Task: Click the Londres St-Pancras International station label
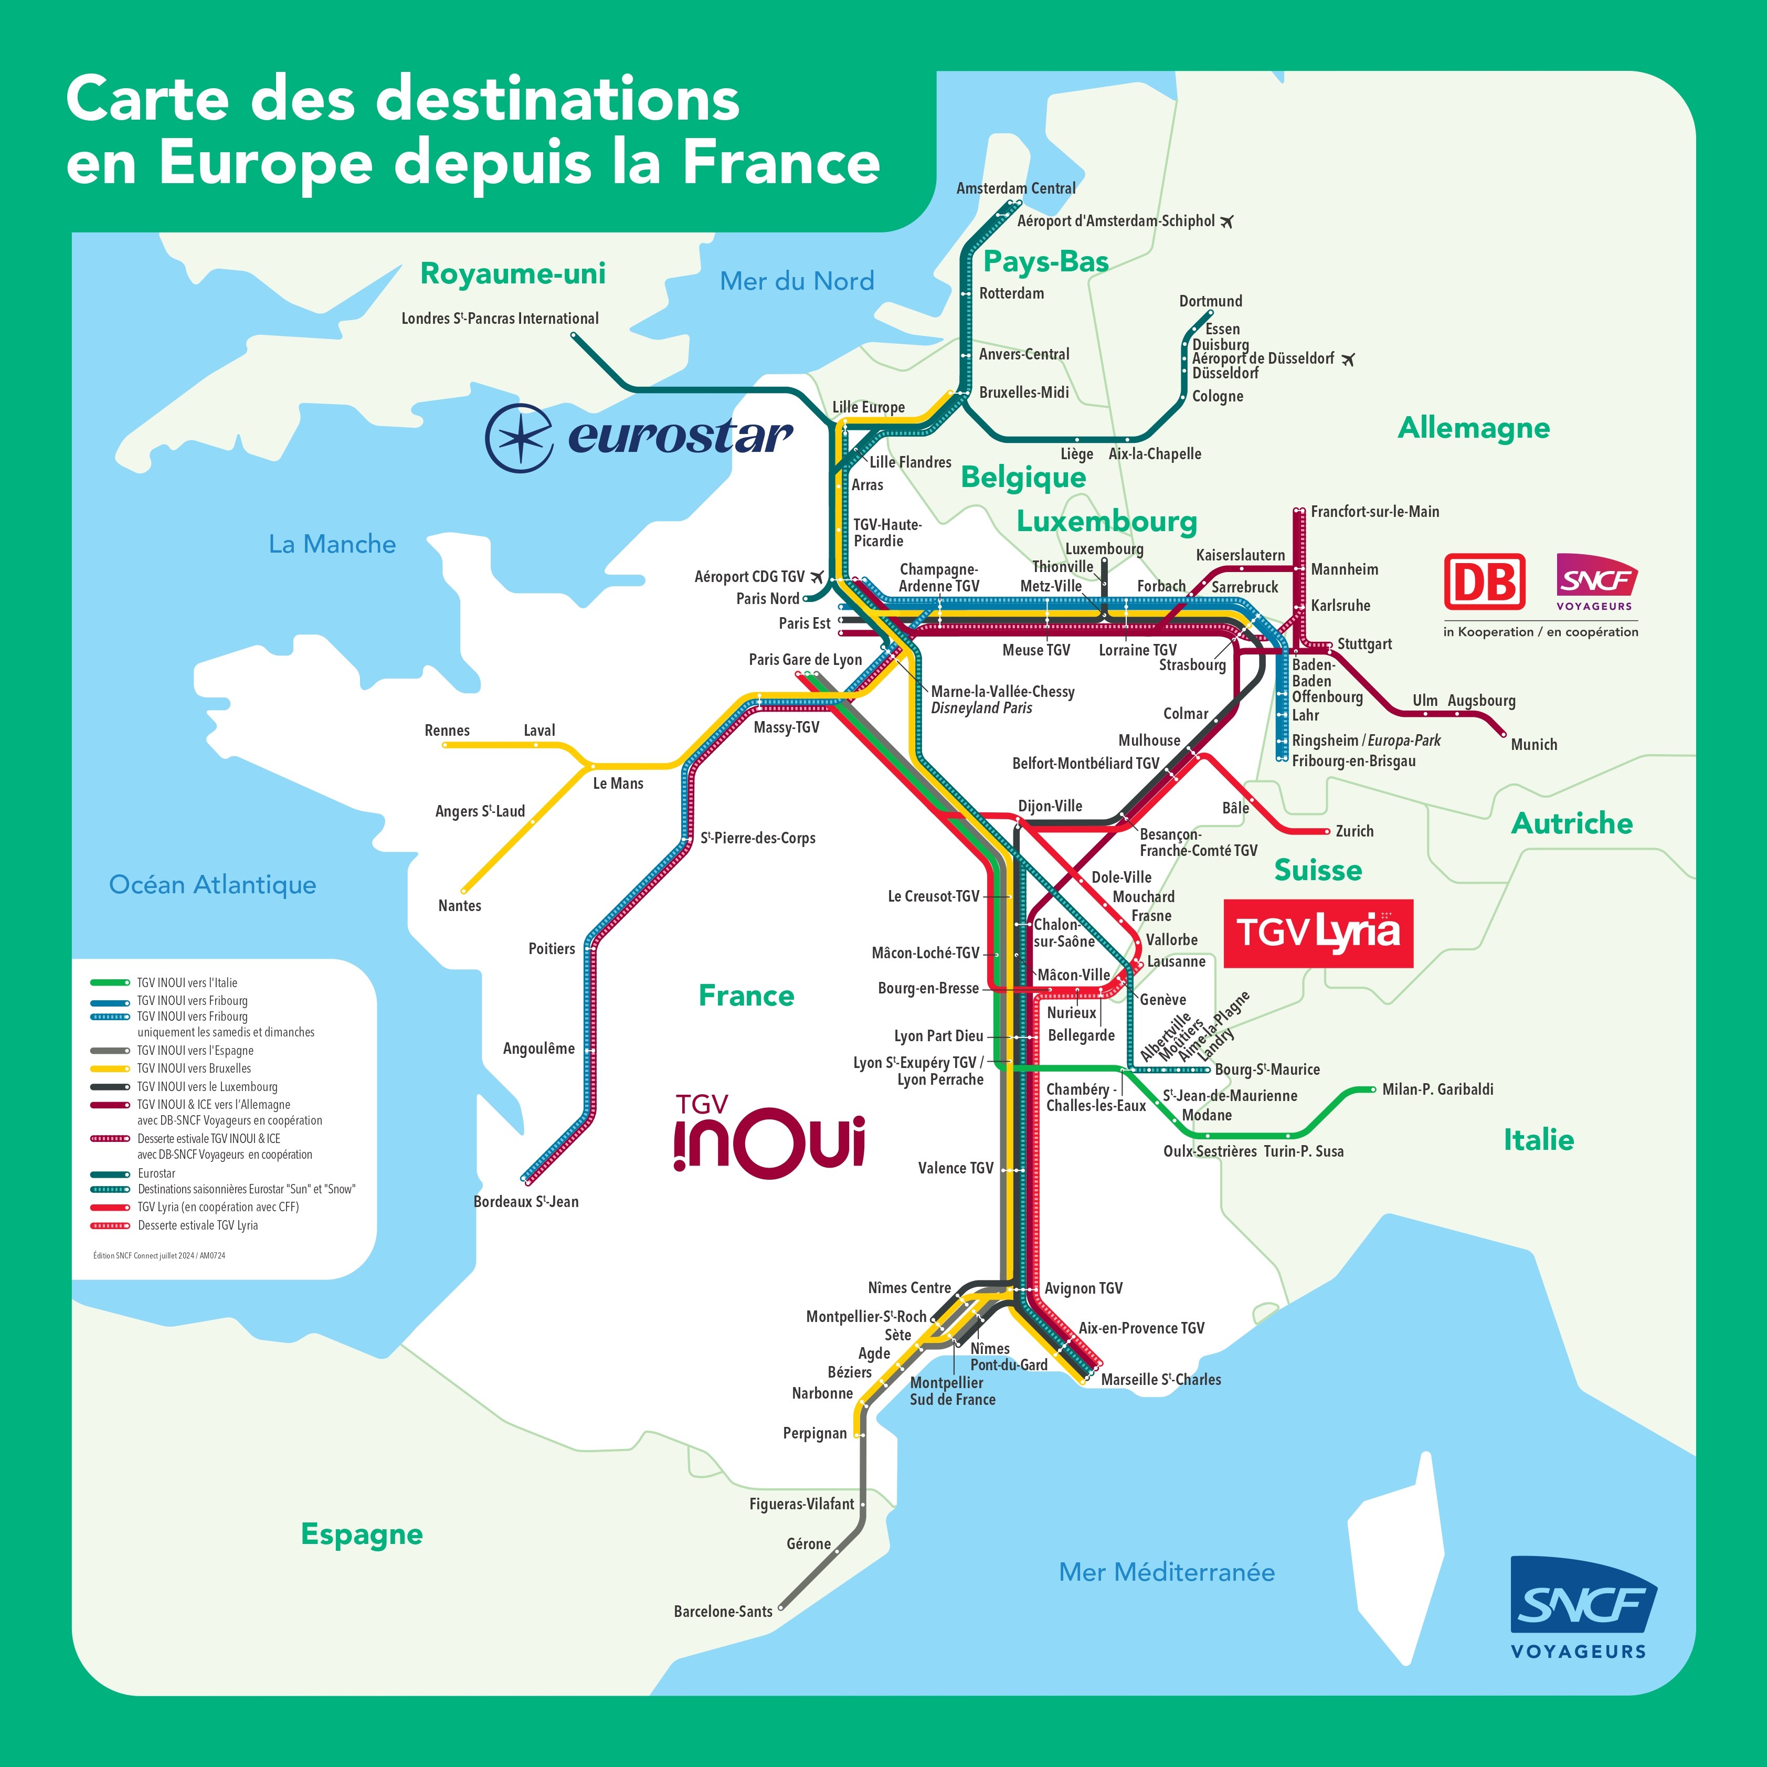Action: tap(500, 318)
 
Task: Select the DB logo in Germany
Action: tap(1484, 581)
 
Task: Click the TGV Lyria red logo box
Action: tap(1318, 933)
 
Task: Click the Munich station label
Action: tap(1534, 745)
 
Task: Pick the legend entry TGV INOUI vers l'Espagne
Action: tap(195, 1051)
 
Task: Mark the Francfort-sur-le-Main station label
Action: tap(1374, 511)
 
